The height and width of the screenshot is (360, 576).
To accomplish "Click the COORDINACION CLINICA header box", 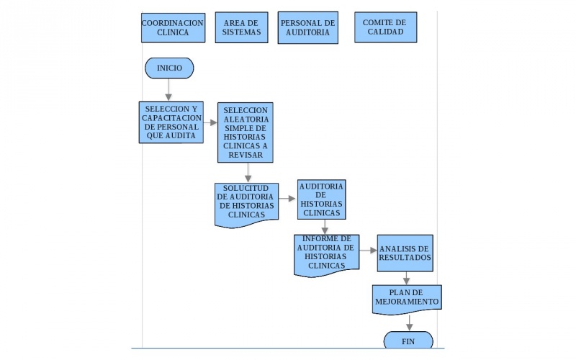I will coord(173,28).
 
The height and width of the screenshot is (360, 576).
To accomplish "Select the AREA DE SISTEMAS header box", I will coord(241,28).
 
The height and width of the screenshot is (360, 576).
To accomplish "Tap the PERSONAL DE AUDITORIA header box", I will coord(307,28).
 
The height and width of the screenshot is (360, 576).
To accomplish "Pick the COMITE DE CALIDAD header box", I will coord(385,28).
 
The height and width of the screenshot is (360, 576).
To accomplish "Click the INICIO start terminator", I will coord(169,68).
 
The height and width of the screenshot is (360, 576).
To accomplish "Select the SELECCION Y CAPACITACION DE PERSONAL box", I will coord(171,122).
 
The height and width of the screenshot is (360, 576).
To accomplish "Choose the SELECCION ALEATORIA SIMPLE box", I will coord(246,132).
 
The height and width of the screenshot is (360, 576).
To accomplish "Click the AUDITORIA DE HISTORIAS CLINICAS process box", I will coord(322,199).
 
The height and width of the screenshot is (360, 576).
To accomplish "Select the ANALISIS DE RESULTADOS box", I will coord(405,253).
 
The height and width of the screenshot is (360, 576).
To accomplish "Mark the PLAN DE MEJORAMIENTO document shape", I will coord(406,298).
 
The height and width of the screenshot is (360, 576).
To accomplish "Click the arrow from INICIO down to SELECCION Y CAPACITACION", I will coord(169,89).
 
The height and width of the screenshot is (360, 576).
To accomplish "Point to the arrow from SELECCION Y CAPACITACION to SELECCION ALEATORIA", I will coord(210,122).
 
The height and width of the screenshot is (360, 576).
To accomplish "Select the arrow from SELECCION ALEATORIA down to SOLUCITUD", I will coord(248,173).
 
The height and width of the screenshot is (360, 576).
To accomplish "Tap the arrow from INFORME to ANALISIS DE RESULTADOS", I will coord(368,251).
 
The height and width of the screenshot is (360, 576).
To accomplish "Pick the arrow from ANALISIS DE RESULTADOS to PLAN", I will coord(407,278).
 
